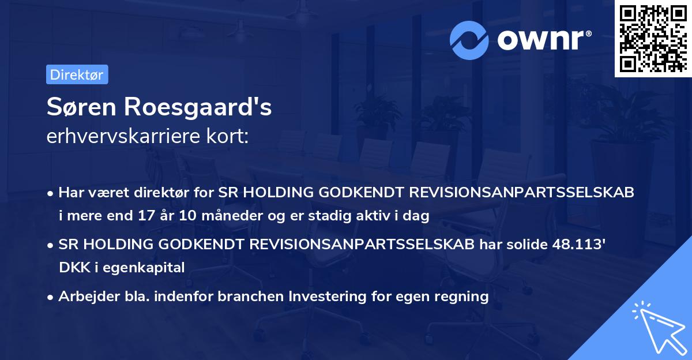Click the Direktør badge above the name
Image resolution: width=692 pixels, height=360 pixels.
click(77, 74)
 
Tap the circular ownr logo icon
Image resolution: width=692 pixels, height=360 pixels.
click(469, 40)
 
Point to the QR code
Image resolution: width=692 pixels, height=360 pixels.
click(652, 38)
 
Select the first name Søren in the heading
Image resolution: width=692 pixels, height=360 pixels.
click(78, 108)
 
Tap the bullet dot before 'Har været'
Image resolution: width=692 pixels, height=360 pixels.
click(51, 194)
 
